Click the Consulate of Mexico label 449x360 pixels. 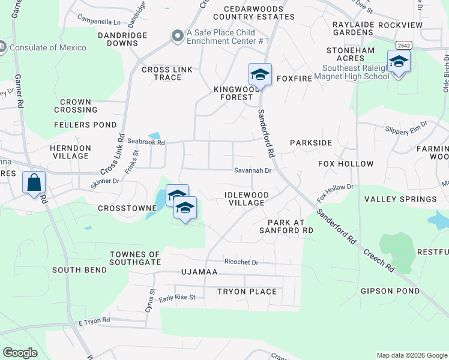click(x=48, y=47)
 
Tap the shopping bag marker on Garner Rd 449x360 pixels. click(x=34, y=182)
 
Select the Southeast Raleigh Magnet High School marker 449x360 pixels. click(x=399, y=62)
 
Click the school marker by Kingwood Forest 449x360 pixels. click(x=260, y=75)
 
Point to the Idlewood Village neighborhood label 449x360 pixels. click(x=247, y=199)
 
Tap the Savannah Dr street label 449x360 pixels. click(x=253, y=170)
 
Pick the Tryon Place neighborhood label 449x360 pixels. click(x=247, y=292)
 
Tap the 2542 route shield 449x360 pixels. click(x=403, y=45)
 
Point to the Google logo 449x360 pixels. click(x=20, y=353)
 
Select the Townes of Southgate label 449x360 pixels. click(x=135, y=258)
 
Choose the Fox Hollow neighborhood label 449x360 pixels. click(x=346, y=164)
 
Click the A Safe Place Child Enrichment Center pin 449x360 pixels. click(x=177, y=37)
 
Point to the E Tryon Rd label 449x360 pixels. click(x=94, y=321)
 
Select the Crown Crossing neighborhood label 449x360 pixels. click(x=76, y=106)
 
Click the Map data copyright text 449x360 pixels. click(x=411, y=355)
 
